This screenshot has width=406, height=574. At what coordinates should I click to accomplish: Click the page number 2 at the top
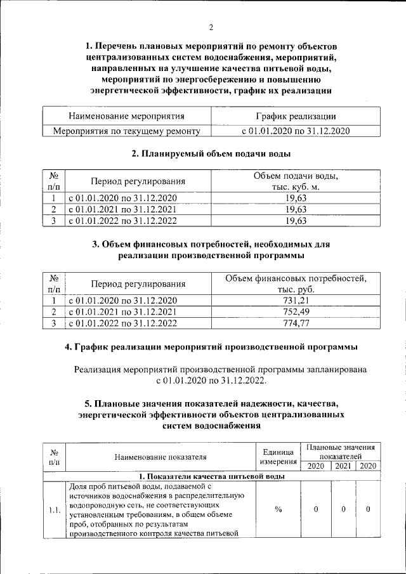click(211, 27)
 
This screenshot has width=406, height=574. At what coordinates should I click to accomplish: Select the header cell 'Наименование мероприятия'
click(127, 116)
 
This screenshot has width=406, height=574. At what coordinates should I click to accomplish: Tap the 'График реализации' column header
click(296, 116)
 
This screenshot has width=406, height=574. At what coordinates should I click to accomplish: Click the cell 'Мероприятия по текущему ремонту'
click(127, 131)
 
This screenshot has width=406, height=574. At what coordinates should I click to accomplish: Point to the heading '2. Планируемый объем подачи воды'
click(211, 153)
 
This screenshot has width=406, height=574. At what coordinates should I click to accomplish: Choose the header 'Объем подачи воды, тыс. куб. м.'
click(296, 181)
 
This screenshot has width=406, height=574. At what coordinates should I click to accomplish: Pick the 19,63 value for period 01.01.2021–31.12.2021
click(296, 209)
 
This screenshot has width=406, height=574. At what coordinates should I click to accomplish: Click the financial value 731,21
click(296, 300)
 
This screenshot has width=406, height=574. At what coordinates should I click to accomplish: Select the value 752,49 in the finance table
click(296, 311)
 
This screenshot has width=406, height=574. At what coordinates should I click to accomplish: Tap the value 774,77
click(296, 323)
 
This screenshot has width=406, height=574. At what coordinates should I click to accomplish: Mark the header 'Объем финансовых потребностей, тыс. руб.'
click(296, 284)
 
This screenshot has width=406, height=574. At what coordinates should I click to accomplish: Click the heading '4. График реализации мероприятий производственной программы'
click(211, 347)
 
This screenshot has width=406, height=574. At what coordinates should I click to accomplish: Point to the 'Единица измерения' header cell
click(278, 457)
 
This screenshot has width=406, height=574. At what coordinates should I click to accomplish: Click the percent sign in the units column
click(278, 510)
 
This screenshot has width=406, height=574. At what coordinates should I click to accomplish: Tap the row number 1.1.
click(55, 510)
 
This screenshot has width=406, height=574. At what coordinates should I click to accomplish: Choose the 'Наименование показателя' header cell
click(160, 457)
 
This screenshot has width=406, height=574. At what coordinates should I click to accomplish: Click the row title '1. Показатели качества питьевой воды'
click(211, 476)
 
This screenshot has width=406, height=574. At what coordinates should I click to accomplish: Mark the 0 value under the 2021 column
click(343, 510)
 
